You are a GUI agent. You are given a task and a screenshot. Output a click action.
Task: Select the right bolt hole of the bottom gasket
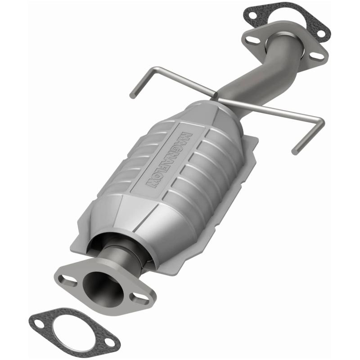(108, 342)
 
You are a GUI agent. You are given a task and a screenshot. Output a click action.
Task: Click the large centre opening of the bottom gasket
(75, 332)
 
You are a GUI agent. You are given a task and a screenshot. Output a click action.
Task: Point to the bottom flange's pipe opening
(99, 285)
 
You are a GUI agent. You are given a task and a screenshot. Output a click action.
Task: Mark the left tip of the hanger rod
(132, 95)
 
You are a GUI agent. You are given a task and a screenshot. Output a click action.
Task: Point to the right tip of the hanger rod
(295, 152)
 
